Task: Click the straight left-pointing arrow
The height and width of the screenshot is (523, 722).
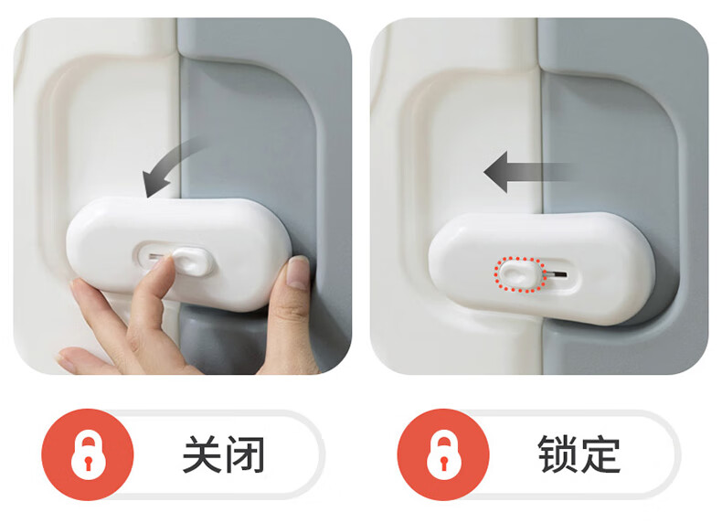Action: pyautogui.click(x=529, y=171)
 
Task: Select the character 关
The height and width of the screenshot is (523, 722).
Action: pyautogui.click(x=203, y=454)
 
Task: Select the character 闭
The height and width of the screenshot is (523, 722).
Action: pyautogui.click(x=246, y=454)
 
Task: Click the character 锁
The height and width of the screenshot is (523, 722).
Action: pyautogui.click(x=557, y=454)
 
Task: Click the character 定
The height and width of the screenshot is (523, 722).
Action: pyautogui.click(x=600, y=454)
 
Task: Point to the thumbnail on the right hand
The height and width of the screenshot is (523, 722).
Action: pyautogui.click(x=297, y=272)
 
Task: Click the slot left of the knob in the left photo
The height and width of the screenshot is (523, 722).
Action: pyautogui.click(x=154, y=256)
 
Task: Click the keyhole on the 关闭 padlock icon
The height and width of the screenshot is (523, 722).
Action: pyautogui.click(x=89, y=462)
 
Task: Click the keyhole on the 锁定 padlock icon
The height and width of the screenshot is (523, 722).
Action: pyautogui.click(x=444, y=462)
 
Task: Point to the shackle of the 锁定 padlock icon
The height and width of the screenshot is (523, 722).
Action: pyautogui.click(x=444, y=434)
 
